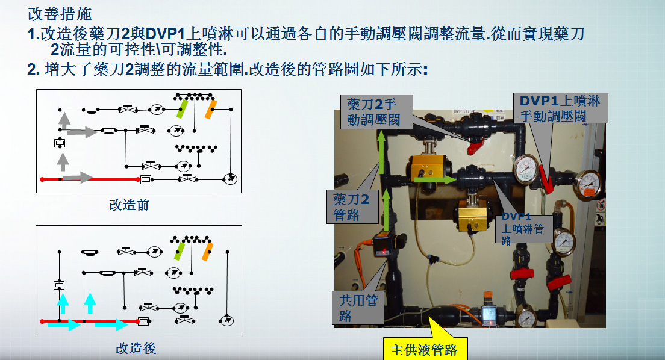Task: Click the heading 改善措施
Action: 60,14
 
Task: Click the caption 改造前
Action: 129,205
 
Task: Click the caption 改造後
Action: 136,348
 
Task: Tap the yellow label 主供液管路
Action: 425,349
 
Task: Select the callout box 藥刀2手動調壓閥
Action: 376,111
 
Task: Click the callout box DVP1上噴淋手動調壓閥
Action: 560,108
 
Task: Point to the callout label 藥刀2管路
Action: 352,206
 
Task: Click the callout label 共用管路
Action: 358,308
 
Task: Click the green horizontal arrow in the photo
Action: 435,179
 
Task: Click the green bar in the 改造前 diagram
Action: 182,108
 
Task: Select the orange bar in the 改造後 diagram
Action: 207,252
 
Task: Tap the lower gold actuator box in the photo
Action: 475,215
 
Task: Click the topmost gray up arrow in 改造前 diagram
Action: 64,121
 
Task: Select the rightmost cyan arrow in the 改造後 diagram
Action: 111,325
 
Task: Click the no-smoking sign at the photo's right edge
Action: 601,205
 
